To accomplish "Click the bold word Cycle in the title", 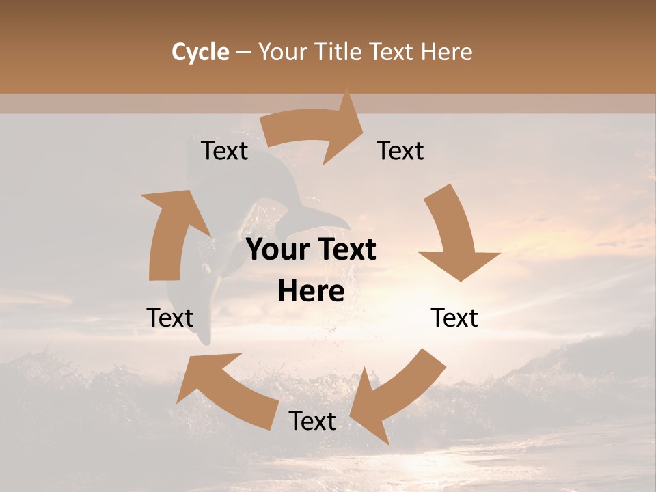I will coord(200,52).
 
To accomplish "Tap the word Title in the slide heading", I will coord(338,52).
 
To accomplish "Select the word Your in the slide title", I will coord(280,52).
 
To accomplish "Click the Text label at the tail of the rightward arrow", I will coord(224,151).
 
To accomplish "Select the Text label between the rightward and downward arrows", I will coord(400,151).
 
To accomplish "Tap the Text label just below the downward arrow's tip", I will coord(454,318).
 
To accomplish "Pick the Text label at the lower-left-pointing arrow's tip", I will coord(312,422).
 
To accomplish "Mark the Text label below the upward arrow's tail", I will coord(170,318).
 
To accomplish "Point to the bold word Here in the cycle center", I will coord(311,292).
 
